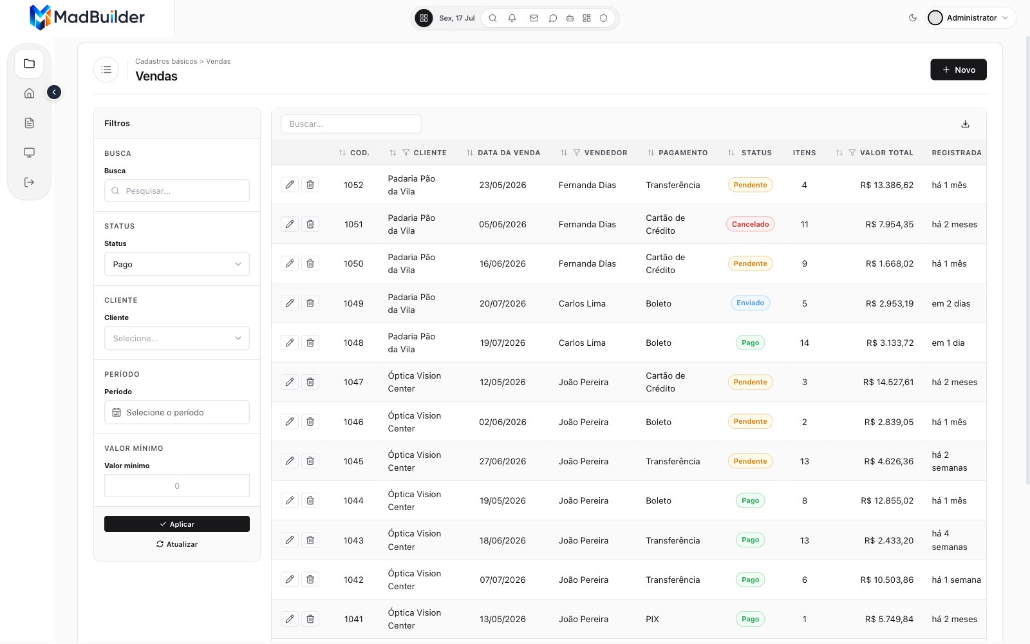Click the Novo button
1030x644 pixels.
pos(959,70)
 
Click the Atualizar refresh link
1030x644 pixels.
pos(177,544)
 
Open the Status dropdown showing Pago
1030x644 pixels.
pos(177,264)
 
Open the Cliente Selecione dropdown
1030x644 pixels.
pos(177,338)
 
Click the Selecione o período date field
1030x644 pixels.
pos(177,412)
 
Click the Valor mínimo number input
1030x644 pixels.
pos(177,486)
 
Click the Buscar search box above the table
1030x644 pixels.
pos(351,124)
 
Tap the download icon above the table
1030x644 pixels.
pos(965,124)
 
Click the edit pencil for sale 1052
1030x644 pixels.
pos(289,184)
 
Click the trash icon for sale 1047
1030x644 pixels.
pos(310,382)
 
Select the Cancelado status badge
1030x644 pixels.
pos(751,224)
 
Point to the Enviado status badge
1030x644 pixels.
pos(751,303)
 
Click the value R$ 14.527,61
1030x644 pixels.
pos(888,382)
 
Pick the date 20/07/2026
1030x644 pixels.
pos(503,303)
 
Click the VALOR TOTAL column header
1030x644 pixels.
pos(886,153)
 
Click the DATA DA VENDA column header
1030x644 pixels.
pos(509,153)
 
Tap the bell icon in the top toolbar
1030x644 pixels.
pos(512,18)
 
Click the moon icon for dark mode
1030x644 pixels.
pos(913,18)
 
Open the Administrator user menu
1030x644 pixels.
pos(970,18)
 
